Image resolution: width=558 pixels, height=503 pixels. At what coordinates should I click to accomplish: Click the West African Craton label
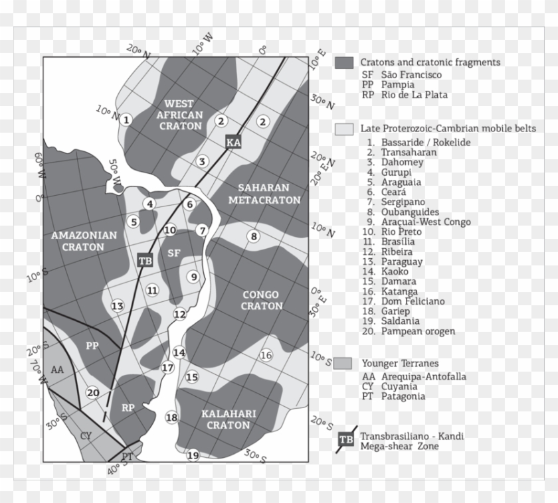click(179, 114)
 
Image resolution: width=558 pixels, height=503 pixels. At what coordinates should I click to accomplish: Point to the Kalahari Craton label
click(229, 419)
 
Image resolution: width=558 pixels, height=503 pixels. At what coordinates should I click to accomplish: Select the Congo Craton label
click(261, 300)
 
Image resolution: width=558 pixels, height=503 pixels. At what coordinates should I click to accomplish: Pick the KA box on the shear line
click(232, 142)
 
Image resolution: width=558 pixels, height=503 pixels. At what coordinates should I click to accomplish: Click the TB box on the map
click(145, 261)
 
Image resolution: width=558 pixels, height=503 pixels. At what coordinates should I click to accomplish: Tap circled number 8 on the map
click(253, 236)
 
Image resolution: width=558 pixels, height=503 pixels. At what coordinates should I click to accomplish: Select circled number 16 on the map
click(266, 355)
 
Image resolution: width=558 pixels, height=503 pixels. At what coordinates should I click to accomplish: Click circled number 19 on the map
click(193, 455)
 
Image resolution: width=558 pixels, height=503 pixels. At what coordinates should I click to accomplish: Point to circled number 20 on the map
click(93, 393)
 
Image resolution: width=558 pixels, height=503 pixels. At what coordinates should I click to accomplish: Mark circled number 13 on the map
click(118, 306)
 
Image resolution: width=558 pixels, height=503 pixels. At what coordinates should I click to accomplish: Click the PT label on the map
click(128, 456)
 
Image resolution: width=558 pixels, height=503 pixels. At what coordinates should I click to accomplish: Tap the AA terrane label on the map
click(58, 370)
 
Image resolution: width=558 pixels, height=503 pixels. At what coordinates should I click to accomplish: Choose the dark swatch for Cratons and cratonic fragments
click(343, 63)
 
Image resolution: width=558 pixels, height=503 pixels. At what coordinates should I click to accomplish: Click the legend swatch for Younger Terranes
click(343, 363)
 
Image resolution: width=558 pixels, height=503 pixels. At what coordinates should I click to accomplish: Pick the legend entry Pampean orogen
click(418, 330)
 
